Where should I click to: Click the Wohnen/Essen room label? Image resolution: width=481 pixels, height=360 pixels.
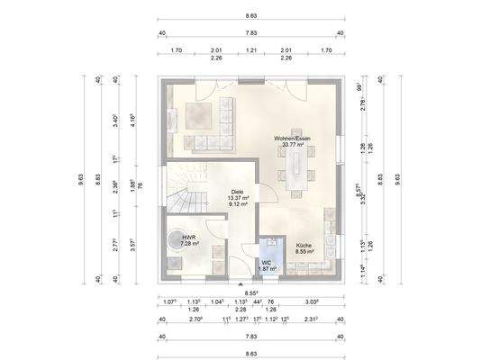294,138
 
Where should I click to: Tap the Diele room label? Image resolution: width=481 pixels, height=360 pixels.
238,192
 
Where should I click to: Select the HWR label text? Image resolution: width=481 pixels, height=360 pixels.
188,238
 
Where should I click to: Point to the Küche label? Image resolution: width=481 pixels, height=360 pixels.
304,245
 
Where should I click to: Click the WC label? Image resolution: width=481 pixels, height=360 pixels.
267,263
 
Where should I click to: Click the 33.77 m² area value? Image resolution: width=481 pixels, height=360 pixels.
294,144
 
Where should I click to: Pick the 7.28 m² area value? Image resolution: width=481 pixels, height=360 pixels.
189,244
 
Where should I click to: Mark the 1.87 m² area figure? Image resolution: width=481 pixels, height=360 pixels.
268,269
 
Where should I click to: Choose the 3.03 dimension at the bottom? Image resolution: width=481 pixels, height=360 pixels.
312,302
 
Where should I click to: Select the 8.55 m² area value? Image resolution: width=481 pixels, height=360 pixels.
304,252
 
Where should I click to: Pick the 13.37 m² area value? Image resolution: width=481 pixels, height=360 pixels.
238,198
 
